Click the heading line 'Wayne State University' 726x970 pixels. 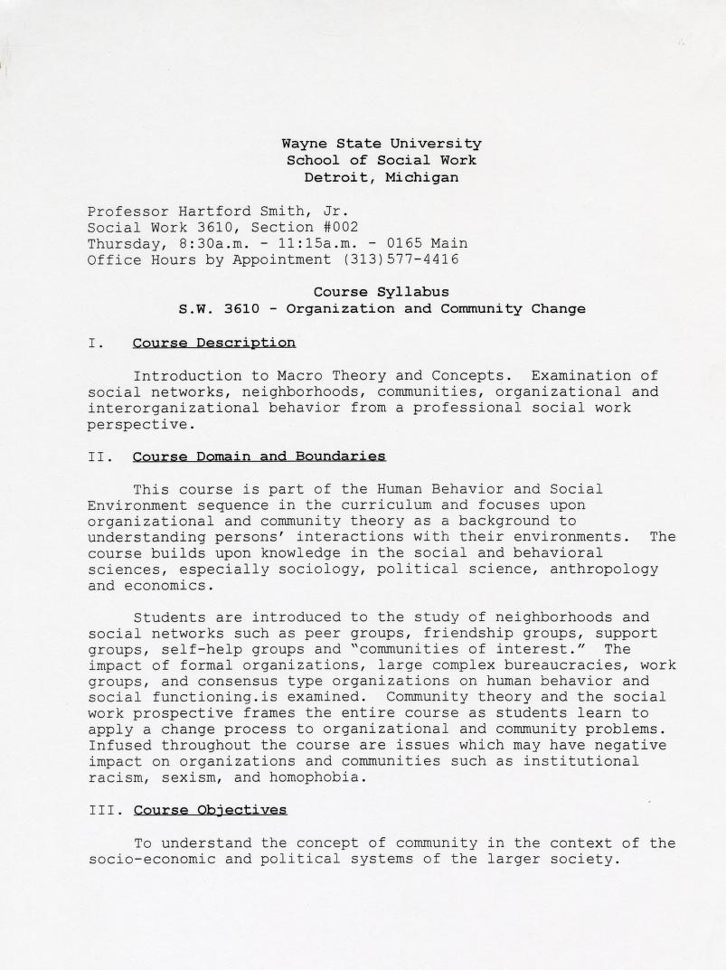click(x=381, y=144)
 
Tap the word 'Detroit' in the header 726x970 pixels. click(x=335, y=177)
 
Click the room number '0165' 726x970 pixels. click(x=404, y=243)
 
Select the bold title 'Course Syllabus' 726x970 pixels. click(x=381, y=292)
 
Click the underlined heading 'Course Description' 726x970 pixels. click(x=213, y=343)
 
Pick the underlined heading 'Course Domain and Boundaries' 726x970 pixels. click(x=259, y=457)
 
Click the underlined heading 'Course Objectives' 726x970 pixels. click(x=210, y=809)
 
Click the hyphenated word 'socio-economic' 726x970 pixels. click(x=151, y=859)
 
